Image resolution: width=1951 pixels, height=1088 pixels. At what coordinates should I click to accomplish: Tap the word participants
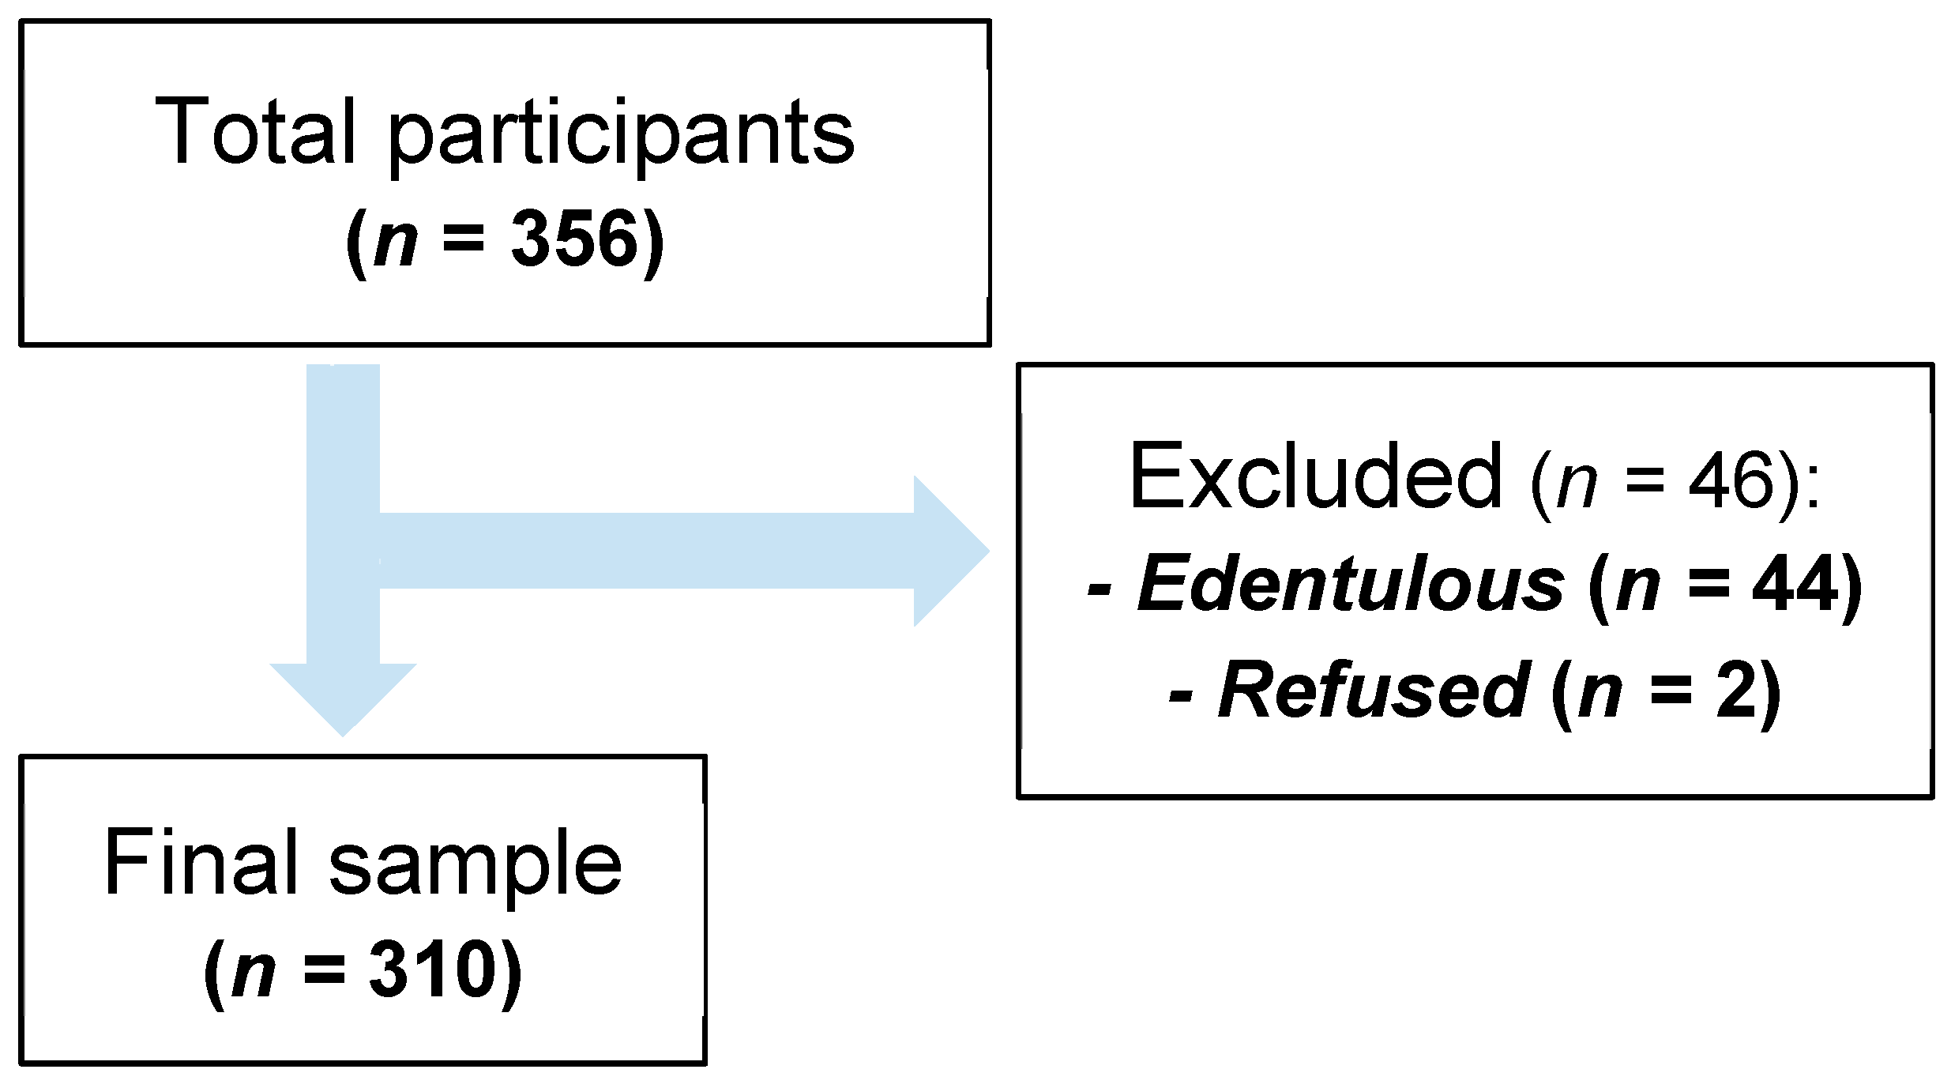coord(622,136)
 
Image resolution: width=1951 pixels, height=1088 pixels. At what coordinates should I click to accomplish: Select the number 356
coord(574,239)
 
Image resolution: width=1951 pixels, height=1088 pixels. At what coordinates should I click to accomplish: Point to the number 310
coord(432,970)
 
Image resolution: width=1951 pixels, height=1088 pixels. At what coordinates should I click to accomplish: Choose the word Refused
coord(1374,691)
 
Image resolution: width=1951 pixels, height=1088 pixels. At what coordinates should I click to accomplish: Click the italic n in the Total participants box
coord(396,240)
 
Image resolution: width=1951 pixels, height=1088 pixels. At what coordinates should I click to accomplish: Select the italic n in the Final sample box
coord(254,972)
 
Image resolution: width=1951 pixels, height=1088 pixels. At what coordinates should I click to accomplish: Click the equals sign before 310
coord(325,971)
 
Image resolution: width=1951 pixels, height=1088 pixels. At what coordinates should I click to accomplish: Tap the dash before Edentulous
coord(1100,589)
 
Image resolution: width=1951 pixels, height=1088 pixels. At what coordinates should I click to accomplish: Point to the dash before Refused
coord(1180,695)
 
